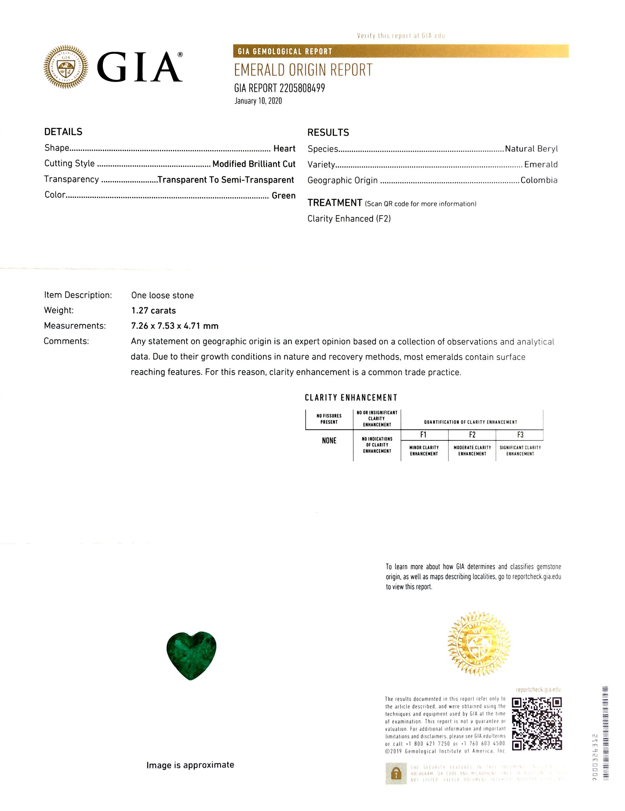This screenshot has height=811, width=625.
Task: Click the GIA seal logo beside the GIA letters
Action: point(66,67)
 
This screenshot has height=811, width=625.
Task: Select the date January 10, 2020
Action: point(258,101)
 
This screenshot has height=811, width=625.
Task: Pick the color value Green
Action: point(283,196)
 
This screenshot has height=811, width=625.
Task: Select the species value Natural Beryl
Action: point(531,149)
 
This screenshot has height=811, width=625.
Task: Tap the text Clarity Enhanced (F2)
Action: point(349,219)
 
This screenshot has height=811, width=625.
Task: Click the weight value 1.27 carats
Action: point(153,311)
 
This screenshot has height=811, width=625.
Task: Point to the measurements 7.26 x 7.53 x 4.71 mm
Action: point(174,326)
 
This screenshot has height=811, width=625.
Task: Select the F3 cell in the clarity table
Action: point(520,434)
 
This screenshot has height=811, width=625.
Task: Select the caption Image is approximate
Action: point(190,765)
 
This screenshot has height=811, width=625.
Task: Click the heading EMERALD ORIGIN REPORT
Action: point(303,70)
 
